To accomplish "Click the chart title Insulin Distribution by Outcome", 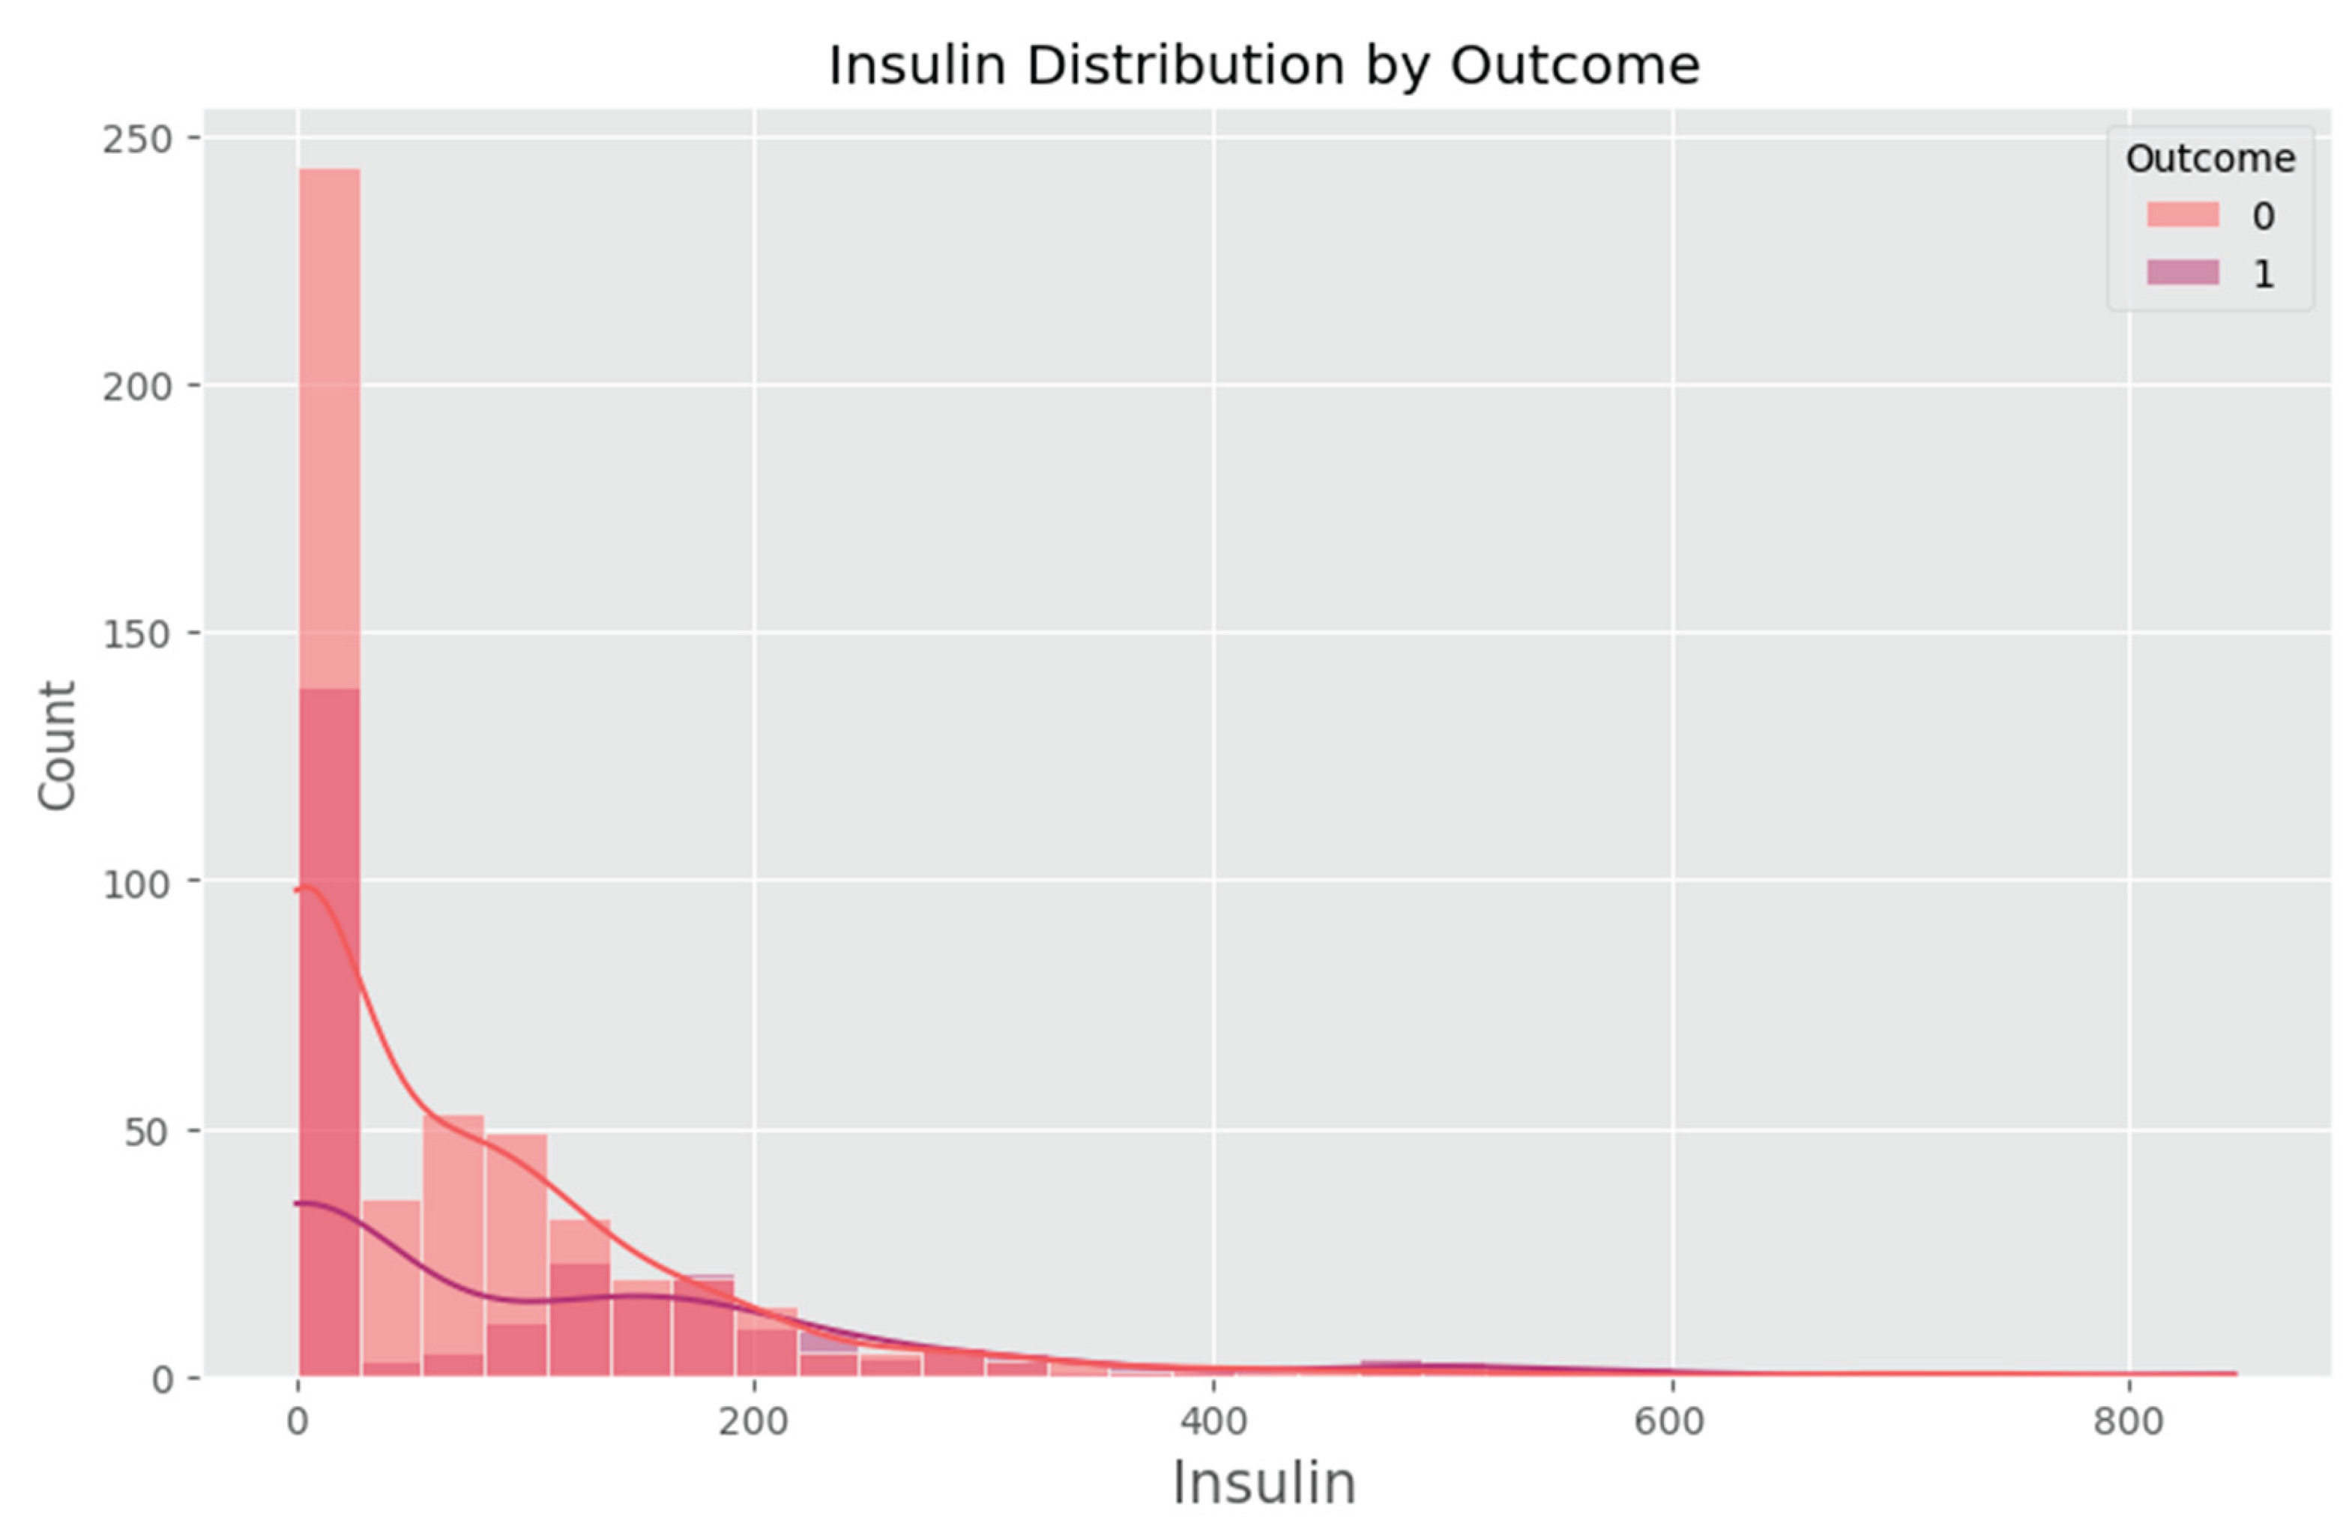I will pos(1264,66).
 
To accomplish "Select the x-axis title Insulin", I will pos(1264,1483).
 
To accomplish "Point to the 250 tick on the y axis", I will pos(137,139).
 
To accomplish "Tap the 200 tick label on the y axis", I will pos(137,386).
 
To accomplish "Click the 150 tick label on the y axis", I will pos(137,634).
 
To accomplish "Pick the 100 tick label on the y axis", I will pos(137,883).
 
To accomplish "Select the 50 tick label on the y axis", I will pos(148,1131).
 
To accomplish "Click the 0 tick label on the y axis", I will pos(163,1379).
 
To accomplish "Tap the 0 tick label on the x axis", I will pos(298,1422).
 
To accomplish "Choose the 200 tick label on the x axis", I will pos(754,1422).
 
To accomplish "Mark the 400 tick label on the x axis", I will pos(1213,1422).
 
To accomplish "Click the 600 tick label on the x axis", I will pos(1671,1422).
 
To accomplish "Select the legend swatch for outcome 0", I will pos(2183,214).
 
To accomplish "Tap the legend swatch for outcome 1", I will pos(2183,273).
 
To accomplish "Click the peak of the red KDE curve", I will pos(306,887).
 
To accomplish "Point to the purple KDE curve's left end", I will pos(296,1203).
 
